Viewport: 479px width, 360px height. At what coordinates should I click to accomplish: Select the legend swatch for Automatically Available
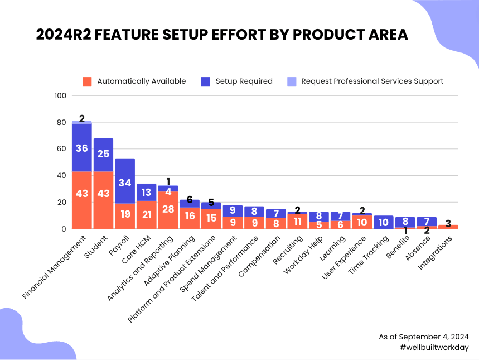[x=86, y=81]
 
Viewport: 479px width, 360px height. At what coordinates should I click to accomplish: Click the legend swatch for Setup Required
[x=205, y=81]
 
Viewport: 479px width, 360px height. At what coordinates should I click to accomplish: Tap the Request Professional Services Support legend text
[x=372, y=81]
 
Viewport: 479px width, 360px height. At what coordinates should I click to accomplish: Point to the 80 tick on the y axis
[x=61, y=122]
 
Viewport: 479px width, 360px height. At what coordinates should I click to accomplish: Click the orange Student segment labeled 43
[x=103, y=200]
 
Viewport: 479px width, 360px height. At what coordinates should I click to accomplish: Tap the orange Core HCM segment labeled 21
[x=147, y=214]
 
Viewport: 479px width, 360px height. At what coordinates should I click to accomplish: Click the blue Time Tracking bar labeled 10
[x=384, y=222]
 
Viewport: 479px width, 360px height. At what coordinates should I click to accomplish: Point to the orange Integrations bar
[x=448, y=227]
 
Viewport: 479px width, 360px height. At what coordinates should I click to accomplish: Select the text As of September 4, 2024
[x=424, y=337]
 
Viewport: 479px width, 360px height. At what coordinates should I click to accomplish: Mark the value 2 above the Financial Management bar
[x=82, y=118]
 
